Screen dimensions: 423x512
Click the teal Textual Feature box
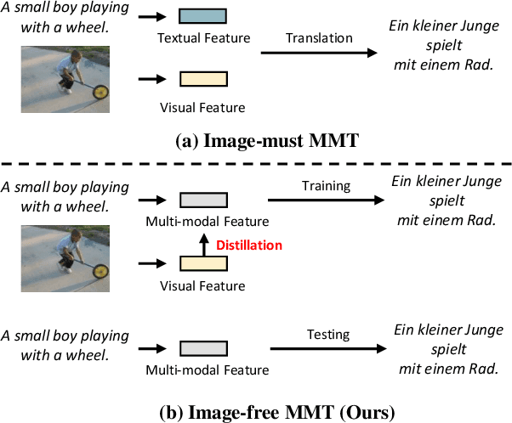[203, 15]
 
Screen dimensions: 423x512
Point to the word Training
[325, 184]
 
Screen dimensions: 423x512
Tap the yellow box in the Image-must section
[203, 80]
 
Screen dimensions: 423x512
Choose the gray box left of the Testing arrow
[203, 348]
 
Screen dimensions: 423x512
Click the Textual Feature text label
[202, 39]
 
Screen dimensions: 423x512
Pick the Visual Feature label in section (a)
[202, 107]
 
